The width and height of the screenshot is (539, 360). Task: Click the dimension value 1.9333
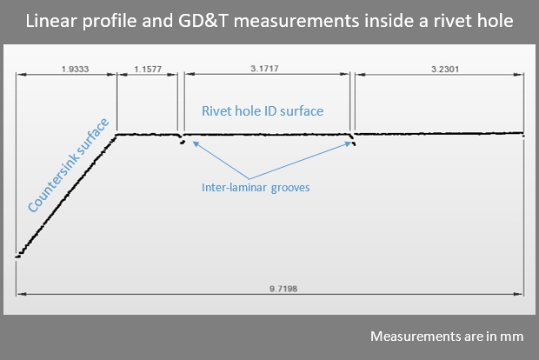point(75,69)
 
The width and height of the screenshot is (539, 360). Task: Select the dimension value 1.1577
point(148,69)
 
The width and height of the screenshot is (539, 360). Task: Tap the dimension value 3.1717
point(264,69)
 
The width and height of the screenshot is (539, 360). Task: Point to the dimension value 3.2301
point(445,69)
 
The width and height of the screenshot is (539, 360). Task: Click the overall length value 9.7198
point(283,289)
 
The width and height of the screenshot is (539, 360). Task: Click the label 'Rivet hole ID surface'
point(263,111)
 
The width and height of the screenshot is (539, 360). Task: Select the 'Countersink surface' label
point(68,165)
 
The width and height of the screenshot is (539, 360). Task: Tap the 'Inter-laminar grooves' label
point(256,188)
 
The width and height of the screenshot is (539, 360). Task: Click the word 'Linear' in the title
point(51,21)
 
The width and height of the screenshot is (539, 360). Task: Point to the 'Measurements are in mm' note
point(447,336)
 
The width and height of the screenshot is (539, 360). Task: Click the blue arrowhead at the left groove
point(196,143)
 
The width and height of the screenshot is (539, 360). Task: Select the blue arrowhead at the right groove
point(349,144)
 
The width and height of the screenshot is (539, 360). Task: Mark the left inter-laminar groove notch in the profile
point(182,139)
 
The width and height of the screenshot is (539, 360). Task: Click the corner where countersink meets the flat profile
point(116,135)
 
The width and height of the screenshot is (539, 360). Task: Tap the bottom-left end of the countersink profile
point(17,257)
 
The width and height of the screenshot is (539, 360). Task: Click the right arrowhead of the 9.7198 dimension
point(519,294)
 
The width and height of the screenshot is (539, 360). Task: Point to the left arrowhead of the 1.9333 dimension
point(22,74)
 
